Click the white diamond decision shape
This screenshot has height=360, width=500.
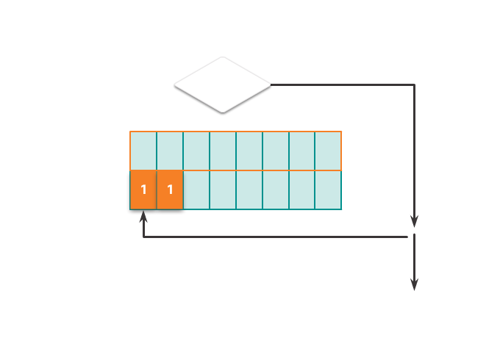[x=222, y=84]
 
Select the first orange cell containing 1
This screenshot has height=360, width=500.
[x=143, y=190]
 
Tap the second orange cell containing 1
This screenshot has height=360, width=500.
[x=170, y=190]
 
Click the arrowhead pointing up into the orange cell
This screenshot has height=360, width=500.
[x=143, y=218]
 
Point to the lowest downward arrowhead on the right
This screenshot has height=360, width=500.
[x=414, y=284]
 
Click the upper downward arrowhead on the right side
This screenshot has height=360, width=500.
[x=414, y=221]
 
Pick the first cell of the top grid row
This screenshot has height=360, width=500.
[x=143, y=151]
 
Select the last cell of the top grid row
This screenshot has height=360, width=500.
[x=328, y=151]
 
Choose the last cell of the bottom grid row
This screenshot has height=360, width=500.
[x=328, y=190]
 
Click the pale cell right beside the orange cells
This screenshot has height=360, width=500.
[x=196, y=190]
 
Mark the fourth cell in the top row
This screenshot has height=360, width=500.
[x=223, y=151]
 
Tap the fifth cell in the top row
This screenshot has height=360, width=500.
[x=249, y=151]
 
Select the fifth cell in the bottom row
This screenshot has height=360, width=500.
[x=249, y=190]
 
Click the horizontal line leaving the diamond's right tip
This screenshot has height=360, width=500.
[x=338, y=84]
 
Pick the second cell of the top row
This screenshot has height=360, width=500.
[x=170, y=151]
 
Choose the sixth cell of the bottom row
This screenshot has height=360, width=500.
[x=276, y=190]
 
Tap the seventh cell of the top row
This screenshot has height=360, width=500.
[x=301, y=151]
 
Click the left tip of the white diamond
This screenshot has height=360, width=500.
[x=176, y=84]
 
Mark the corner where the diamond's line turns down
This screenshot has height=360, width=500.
[x=414, y=85]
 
